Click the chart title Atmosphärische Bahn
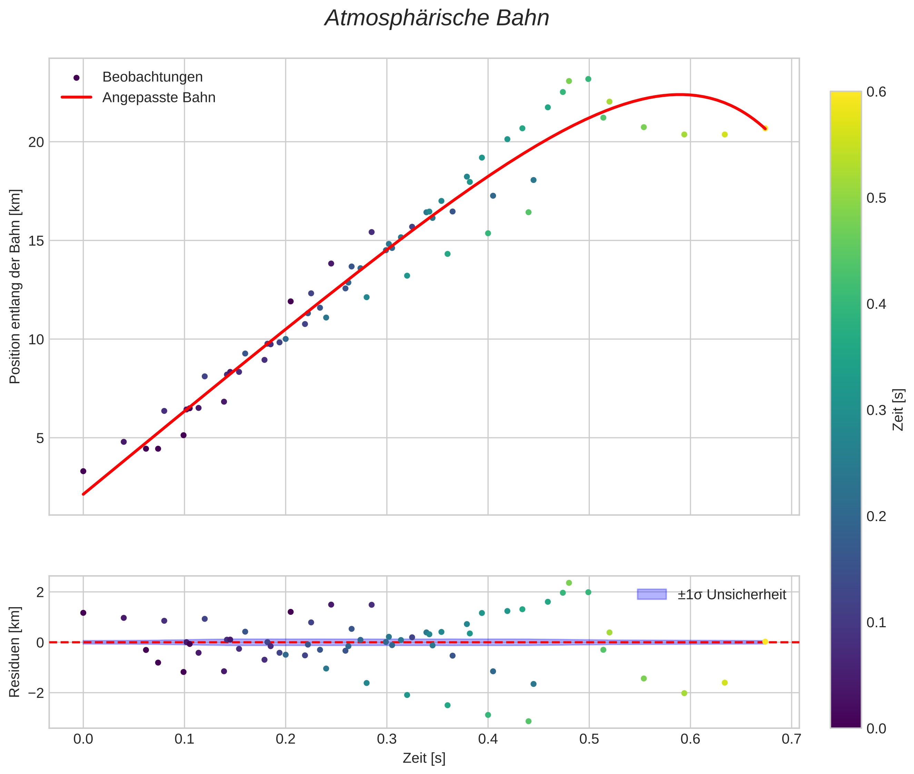tap(437, 18)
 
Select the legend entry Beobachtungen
tap(152, 77)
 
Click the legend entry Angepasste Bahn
tap(159, 98)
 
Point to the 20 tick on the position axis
tap(37, 142)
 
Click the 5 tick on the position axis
tap(40, 438)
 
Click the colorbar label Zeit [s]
tap(899, 410)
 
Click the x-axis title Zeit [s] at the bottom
tap(424, 758)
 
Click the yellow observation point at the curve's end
tap(765, 128)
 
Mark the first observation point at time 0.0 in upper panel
tap(83, 471)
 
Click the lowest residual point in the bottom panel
tap(528, 721)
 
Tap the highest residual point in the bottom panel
tap(569, 583)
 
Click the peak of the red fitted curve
tap(679, 94)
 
